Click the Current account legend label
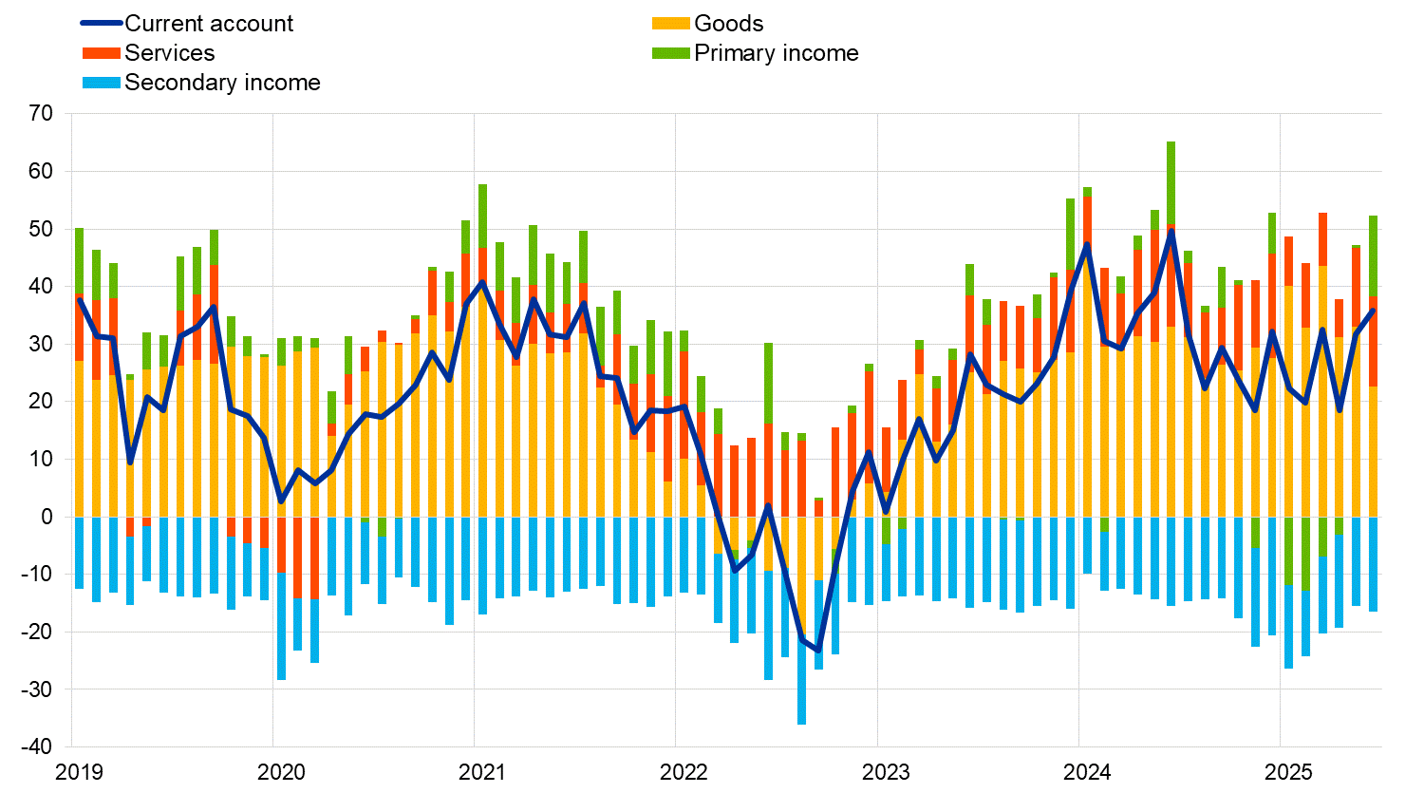coord(209,24)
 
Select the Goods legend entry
coord(728,24)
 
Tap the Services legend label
coord(169,53)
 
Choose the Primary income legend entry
coord(776,53)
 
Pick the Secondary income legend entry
coord(222,83)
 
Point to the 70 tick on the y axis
coord(42,114)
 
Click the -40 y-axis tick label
coord(38,746)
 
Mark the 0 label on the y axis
coord(47,517)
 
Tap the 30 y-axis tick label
coord(42,344)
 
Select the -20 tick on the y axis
coord(38,632)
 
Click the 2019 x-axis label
coord(80,772)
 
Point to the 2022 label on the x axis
coord(684,772)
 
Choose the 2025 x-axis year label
coord(1288,772)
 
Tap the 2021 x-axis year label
coord(482,772)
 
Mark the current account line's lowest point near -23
coord(818,651)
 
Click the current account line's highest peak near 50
coord(1171,231)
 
